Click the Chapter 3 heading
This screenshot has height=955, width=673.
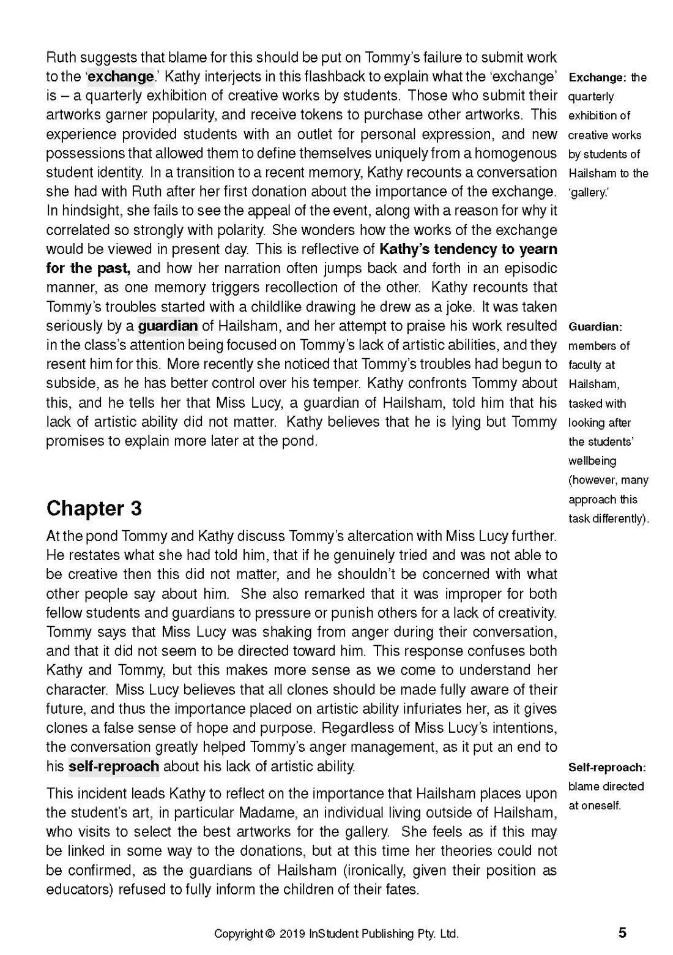click(94, 508)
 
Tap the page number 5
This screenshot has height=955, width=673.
click(622, 933)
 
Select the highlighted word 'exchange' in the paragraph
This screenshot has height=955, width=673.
click(121, 77)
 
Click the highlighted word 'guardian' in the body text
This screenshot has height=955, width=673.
click(168, 326)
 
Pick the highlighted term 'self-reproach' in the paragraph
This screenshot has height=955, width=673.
click(114, 766)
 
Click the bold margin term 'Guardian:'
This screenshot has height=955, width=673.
click(595, 327)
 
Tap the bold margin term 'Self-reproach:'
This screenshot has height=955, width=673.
click(607, 767)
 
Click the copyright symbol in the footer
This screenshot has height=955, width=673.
click(270, 934)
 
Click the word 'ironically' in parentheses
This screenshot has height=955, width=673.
click(375, 870)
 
